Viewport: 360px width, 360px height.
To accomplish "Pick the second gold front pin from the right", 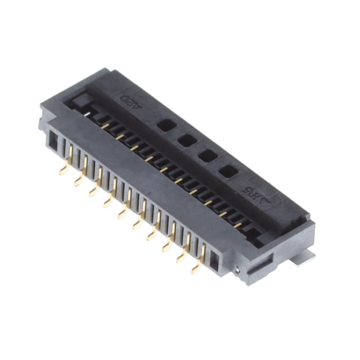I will coord(181,256).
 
